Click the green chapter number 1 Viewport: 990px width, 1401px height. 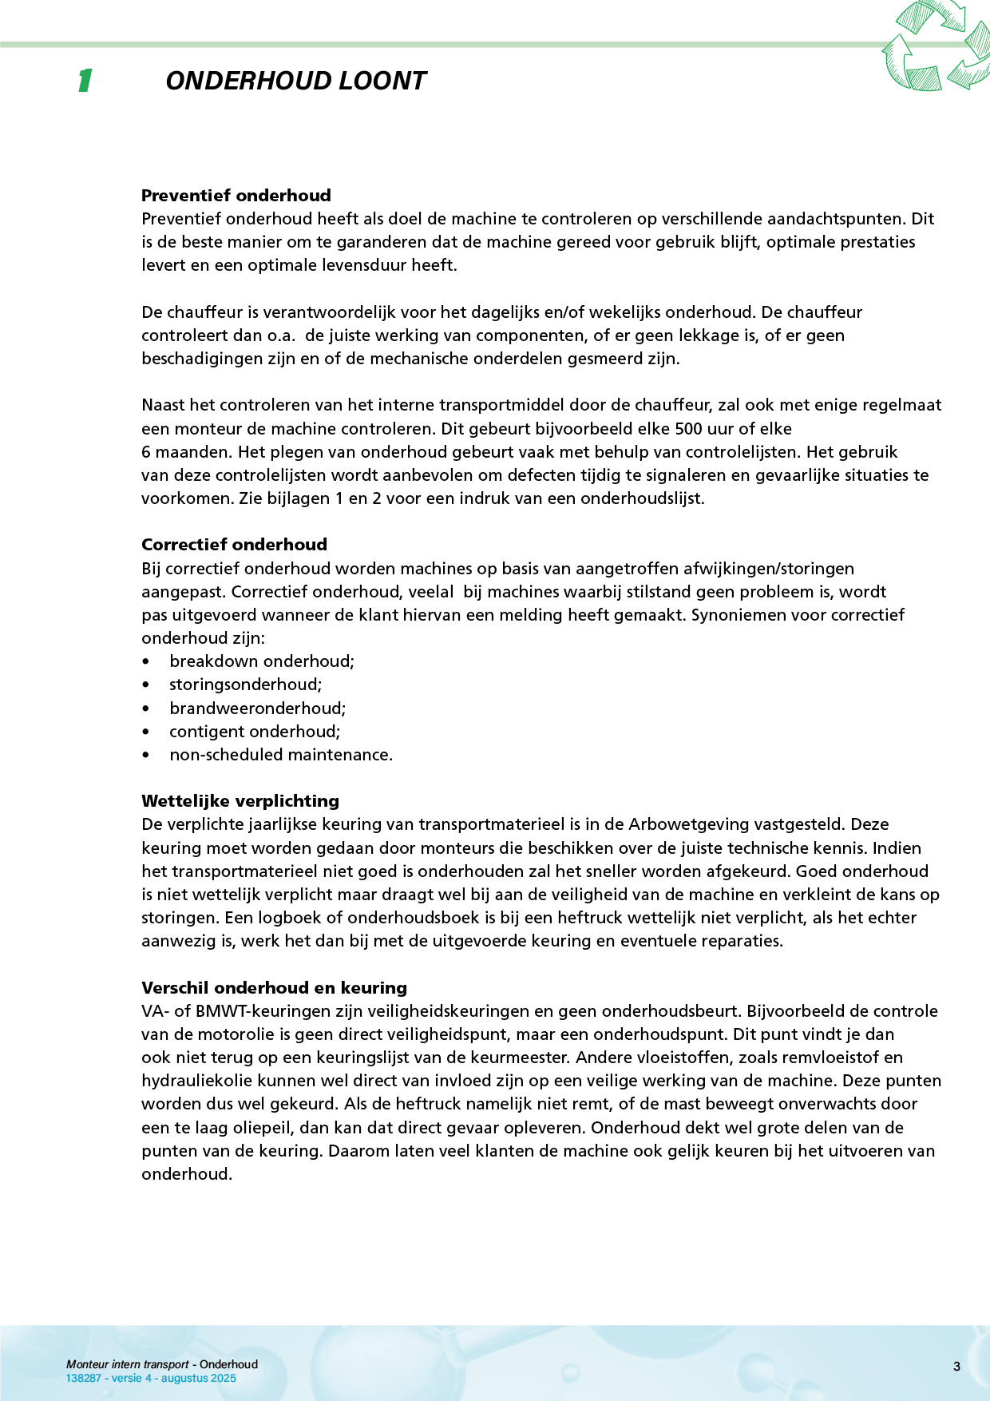click(x=85, y=81)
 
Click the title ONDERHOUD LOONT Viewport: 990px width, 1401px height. click(x=295, y=81)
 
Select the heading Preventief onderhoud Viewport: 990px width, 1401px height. click(x=236, y=196)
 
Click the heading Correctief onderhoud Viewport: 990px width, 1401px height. click(x=234, y=545)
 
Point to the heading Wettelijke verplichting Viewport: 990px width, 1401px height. click(x=240, y=801)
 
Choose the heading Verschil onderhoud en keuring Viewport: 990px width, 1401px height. click(x=274, y=988)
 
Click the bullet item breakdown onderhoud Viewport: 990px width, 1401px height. click(x=261, y=661)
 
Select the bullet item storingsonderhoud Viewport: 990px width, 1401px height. click(x=245, y=685)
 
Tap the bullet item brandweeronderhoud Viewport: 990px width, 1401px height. click(x=257, y=708)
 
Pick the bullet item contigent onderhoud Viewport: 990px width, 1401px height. click(x=255, y=732)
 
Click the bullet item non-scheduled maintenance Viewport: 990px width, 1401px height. click(x=281, y=755)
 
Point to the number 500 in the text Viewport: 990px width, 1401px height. click(x=688, y=428)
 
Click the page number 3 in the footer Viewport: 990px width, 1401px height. click(x=956, y=1367)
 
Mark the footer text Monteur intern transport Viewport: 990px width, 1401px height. click(x=128, y=1364)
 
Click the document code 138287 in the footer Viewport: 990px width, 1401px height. click(x=83, y=1378)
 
